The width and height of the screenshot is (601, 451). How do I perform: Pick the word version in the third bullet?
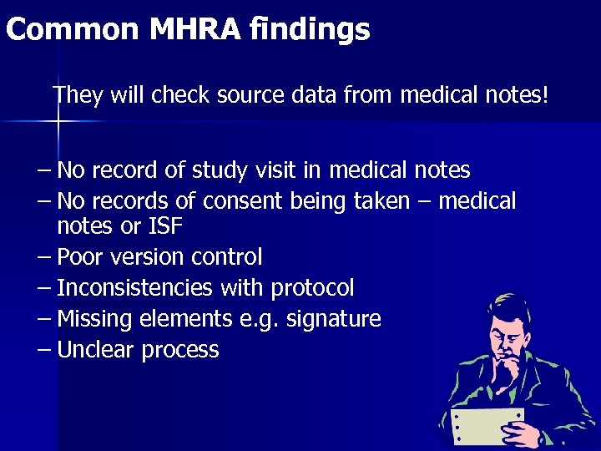(x=146, y=256)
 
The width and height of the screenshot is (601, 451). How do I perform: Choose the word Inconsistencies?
(x=134, y=288)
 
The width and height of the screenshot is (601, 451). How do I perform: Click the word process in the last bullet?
(x=180, y=350)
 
